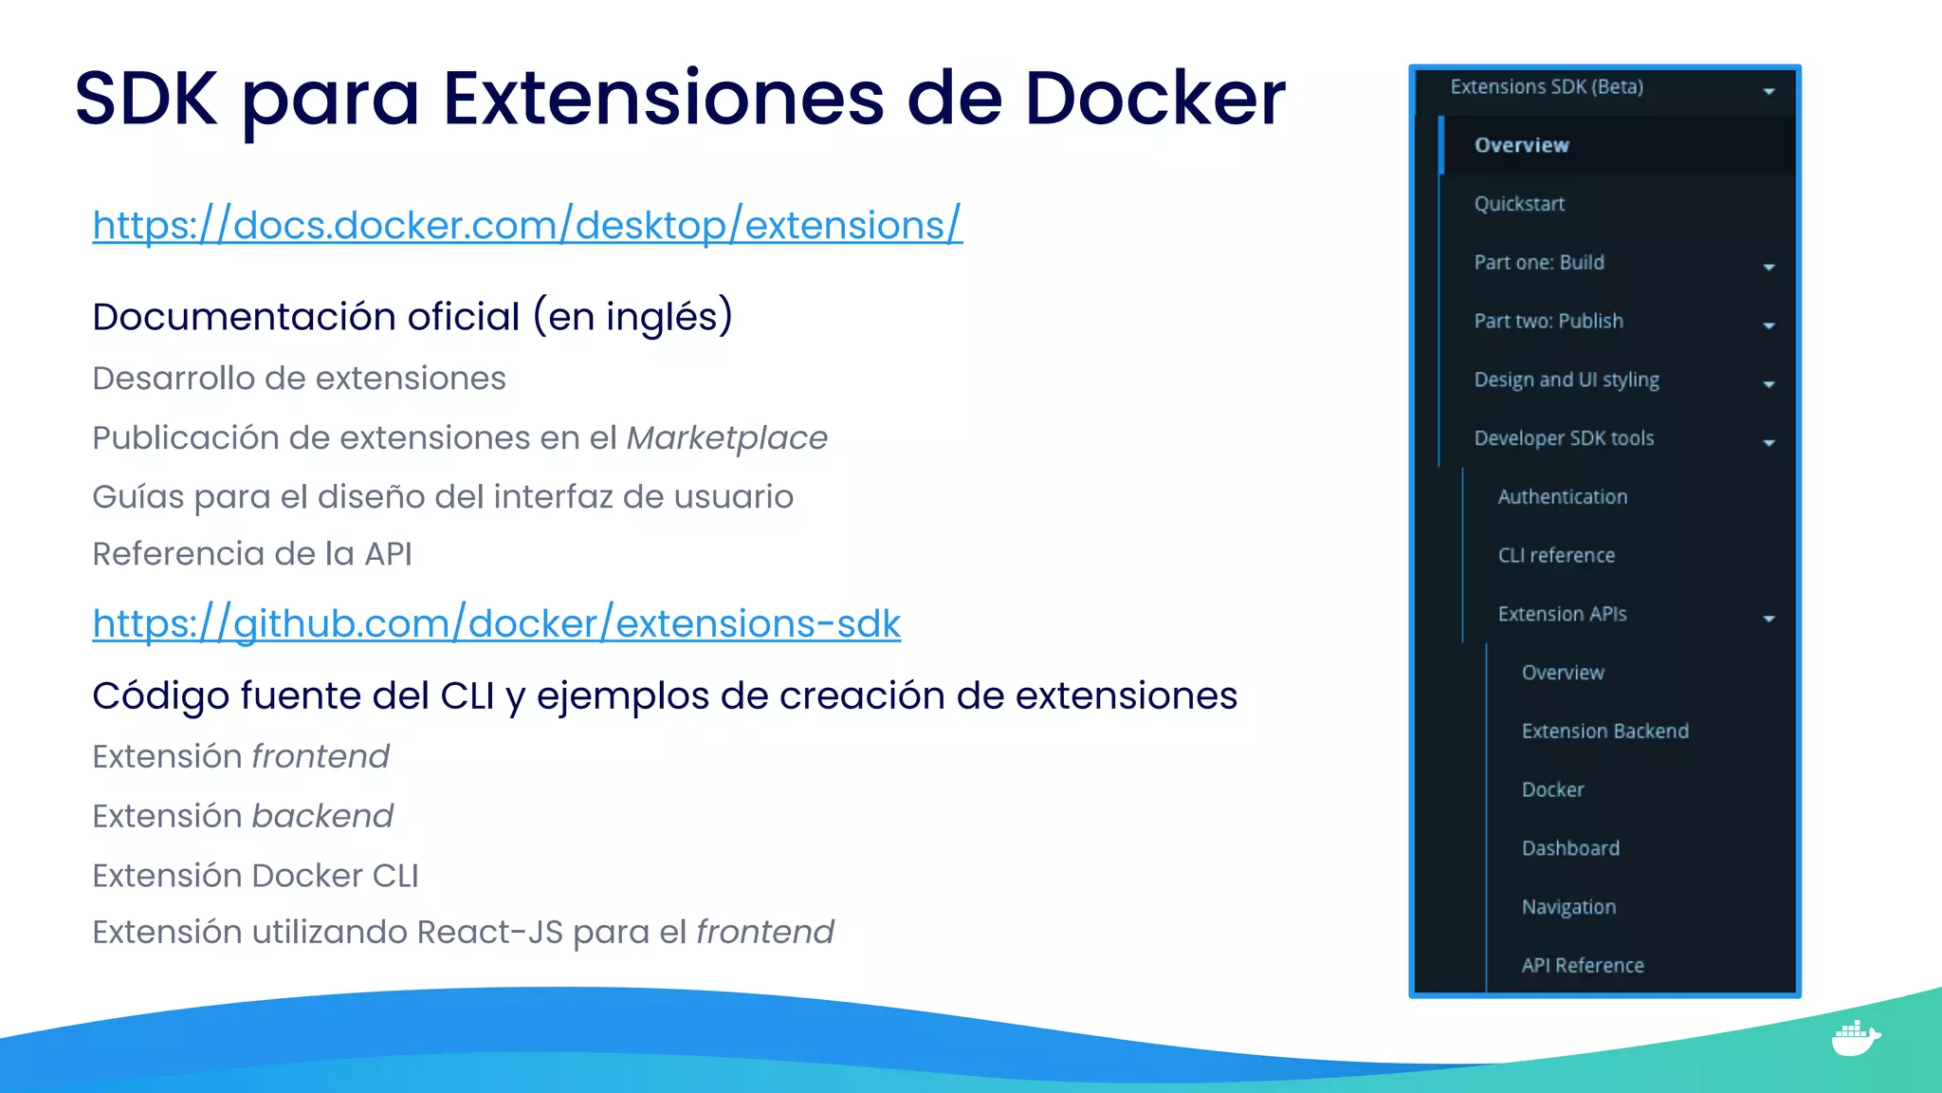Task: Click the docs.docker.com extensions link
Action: click(527, 226)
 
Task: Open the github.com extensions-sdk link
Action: click(496, 624)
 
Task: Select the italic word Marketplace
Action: click(726, 438)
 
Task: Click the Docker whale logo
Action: click(1855, 1038)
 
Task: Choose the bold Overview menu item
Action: click(1521, 145)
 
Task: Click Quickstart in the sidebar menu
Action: click(1519, 204)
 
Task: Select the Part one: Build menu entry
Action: click(1539, 263)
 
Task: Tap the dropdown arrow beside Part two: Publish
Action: click(1768, 325)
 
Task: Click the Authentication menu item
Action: click(1562, 497)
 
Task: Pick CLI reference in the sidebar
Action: click(1556, 556)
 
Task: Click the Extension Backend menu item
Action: click(1604, 732)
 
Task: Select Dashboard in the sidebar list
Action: click(1570, 848)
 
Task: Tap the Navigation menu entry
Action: click(1568, 907)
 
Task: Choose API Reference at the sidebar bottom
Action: click(1583, 966)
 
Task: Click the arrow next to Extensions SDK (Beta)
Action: click(1768, 91)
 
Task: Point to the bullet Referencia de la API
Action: click(252, 554)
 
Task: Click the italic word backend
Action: click(322, 816)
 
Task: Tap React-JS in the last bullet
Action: click(489, 933)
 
